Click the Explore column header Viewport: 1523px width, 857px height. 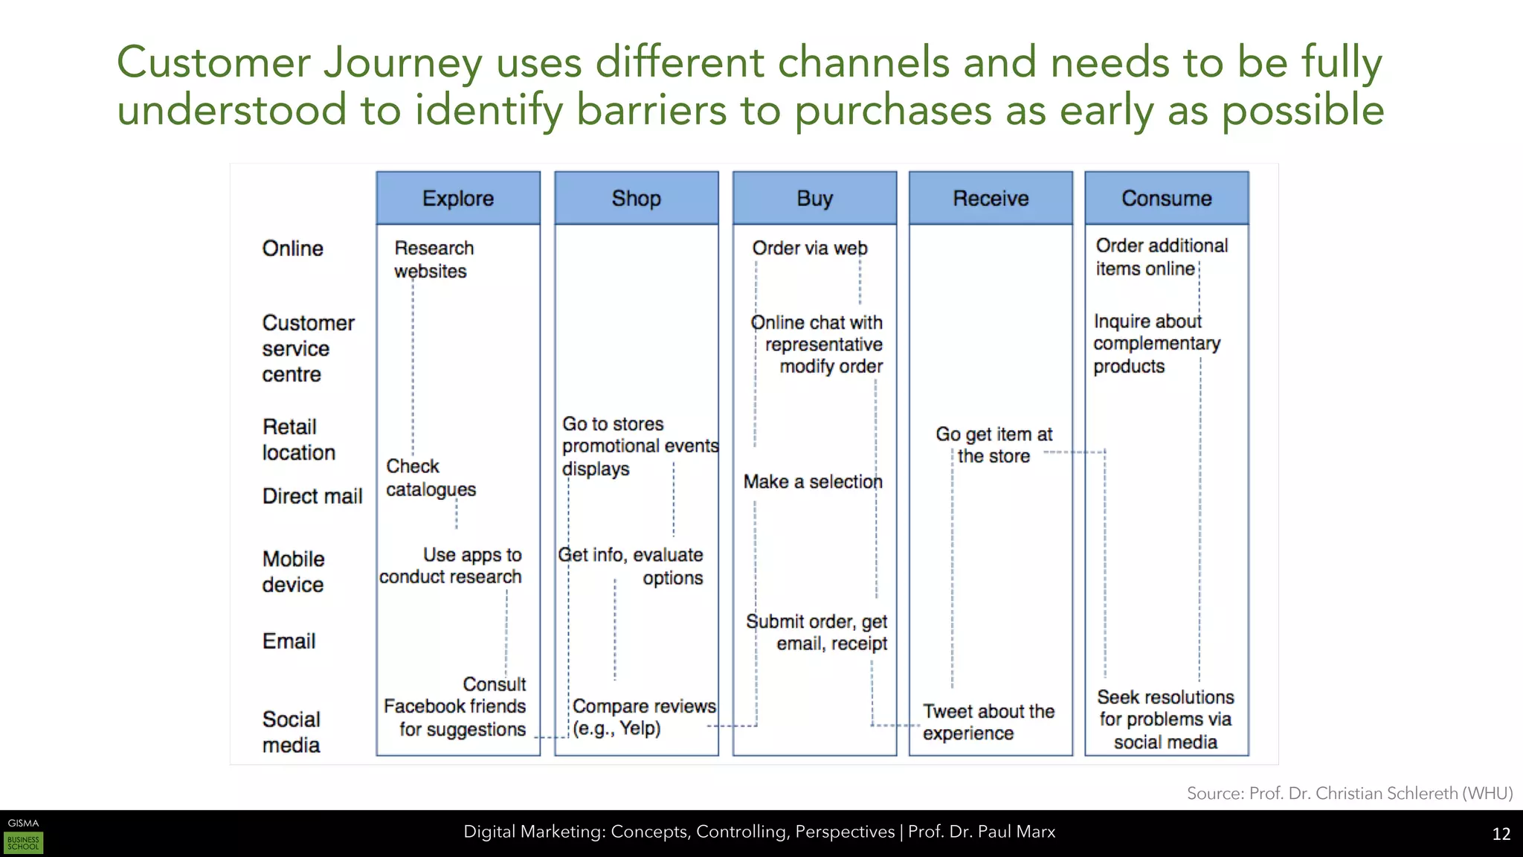[458, 198]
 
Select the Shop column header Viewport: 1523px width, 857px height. [637, 198]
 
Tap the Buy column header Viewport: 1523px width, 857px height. [814, 198]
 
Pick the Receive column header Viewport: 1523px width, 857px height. [991, 198]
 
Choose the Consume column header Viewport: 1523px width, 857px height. [1166, 198]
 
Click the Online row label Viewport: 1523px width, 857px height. [292, 248]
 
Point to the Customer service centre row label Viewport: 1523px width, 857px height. [308, 348]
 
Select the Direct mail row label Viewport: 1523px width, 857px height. [312, 496]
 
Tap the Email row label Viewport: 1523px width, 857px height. [289, 641]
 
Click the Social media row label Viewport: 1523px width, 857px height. [291, 732]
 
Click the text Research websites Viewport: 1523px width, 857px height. [433, 260]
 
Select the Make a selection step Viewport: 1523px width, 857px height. [813, 482]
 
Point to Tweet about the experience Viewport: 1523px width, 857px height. [988, 722]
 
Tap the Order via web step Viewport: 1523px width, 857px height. [809, 248]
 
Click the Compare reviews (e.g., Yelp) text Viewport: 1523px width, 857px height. [643, 717]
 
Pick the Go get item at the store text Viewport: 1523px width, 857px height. [994, 445]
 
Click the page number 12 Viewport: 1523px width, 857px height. [1501, 834]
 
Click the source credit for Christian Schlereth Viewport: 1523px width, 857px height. [1349, 793]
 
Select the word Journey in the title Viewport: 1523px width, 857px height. [402, 62]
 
